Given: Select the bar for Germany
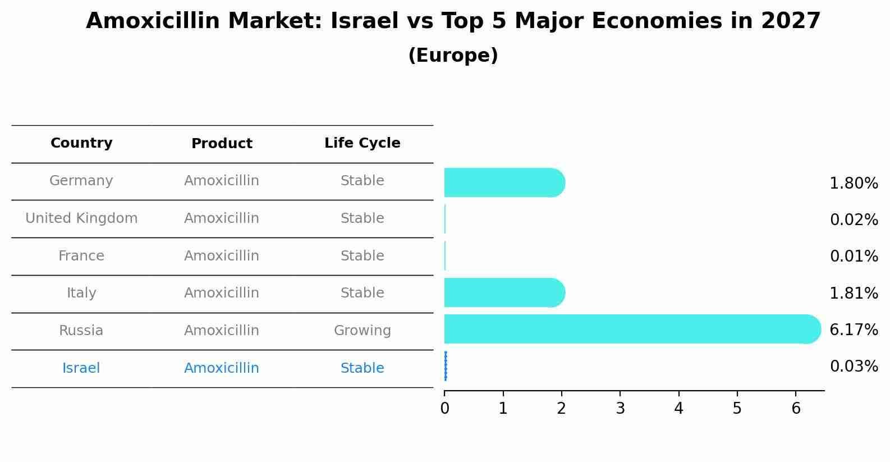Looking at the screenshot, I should [504, 182].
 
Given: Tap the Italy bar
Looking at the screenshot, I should [504, 292].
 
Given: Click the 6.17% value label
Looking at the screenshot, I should [854, 330].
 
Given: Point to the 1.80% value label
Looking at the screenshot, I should [854, 184].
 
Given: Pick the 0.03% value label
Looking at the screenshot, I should [854, 367].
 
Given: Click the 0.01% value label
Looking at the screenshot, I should [854, 257].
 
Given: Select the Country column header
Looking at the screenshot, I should [81, 143].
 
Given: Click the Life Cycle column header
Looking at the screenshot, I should [362, 143].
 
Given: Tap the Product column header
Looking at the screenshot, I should [222, 144].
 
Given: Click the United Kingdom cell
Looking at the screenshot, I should [81, 218].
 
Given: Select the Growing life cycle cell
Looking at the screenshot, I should [362, 331].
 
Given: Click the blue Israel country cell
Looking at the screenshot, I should [81, 368].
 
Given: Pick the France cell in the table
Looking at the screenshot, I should [81, 256].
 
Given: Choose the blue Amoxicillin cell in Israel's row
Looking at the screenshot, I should [222, 368].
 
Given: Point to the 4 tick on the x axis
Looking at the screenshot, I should [678, 409].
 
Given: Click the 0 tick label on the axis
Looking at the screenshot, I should [444, 409].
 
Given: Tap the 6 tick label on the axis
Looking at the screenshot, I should [796, 409].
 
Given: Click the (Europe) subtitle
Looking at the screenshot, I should [453, 56].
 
